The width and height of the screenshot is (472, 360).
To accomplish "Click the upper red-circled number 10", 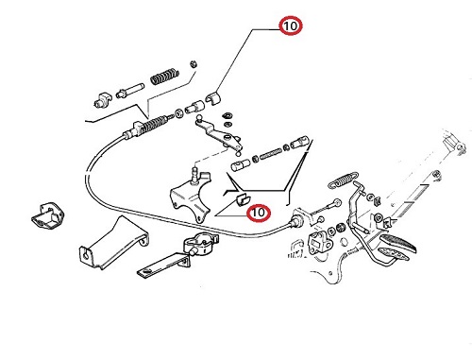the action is (291, 26).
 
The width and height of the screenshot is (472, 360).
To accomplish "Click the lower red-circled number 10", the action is (259, 213).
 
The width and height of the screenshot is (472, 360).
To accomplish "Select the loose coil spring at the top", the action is (164, 76).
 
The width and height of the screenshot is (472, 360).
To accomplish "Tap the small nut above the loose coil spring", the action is (194, 64).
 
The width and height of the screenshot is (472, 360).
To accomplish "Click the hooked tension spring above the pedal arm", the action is (343, 179).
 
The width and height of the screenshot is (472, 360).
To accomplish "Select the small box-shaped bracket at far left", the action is (48, 215).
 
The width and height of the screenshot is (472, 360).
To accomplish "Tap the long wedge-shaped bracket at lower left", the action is (113, 243).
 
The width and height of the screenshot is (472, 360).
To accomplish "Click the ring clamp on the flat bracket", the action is (201, 243).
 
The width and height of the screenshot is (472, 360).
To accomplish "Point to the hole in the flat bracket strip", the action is (146, 271).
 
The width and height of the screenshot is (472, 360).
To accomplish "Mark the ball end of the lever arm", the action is (199, 118).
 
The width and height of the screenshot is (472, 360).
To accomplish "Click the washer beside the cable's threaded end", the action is (179, 113).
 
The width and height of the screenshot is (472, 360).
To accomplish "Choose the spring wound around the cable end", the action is (153, 124).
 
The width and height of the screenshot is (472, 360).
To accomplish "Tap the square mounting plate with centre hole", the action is (319, 244).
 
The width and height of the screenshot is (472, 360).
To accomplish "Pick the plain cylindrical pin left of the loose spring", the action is (130, 91).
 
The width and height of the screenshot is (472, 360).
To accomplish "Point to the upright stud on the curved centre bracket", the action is (196, 175).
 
